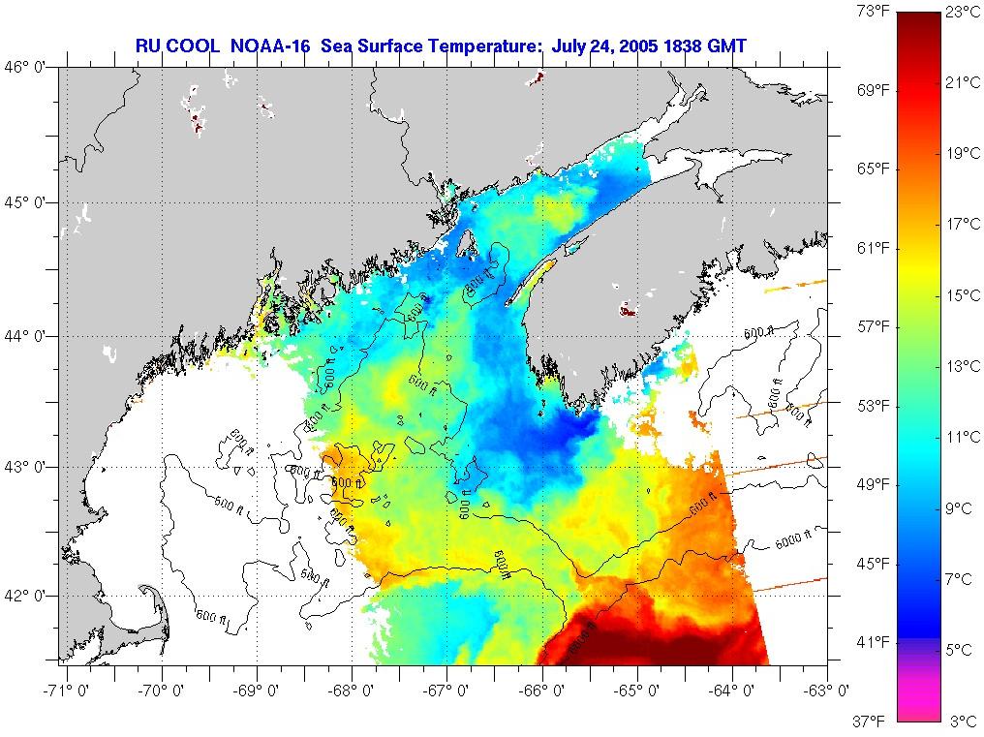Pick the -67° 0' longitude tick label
point(448,691)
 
